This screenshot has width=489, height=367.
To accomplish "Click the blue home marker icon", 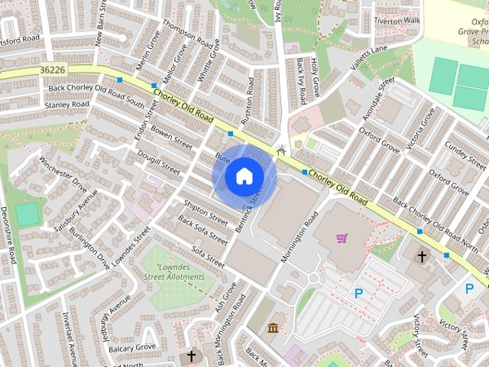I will coord(243,176).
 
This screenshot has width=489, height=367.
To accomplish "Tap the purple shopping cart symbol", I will coord(341,238).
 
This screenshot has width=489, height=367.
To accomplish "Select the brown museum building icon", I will coord(273,329).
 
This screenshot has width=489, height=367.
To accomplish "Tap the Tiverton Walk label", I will coord(396,21).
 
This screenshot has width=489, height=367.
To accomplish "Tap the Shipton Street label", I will coord(206,211).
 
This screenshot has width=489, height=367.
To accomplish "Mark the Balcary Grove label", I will coord(132,348).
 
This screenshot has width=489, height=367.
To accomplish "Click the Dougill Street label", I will coord(159,162).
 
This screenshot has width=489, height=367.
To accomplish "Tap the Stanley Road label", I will coord(67,105).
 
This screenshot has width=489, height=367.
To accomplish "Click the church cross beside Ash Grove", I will coord(192,356).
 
